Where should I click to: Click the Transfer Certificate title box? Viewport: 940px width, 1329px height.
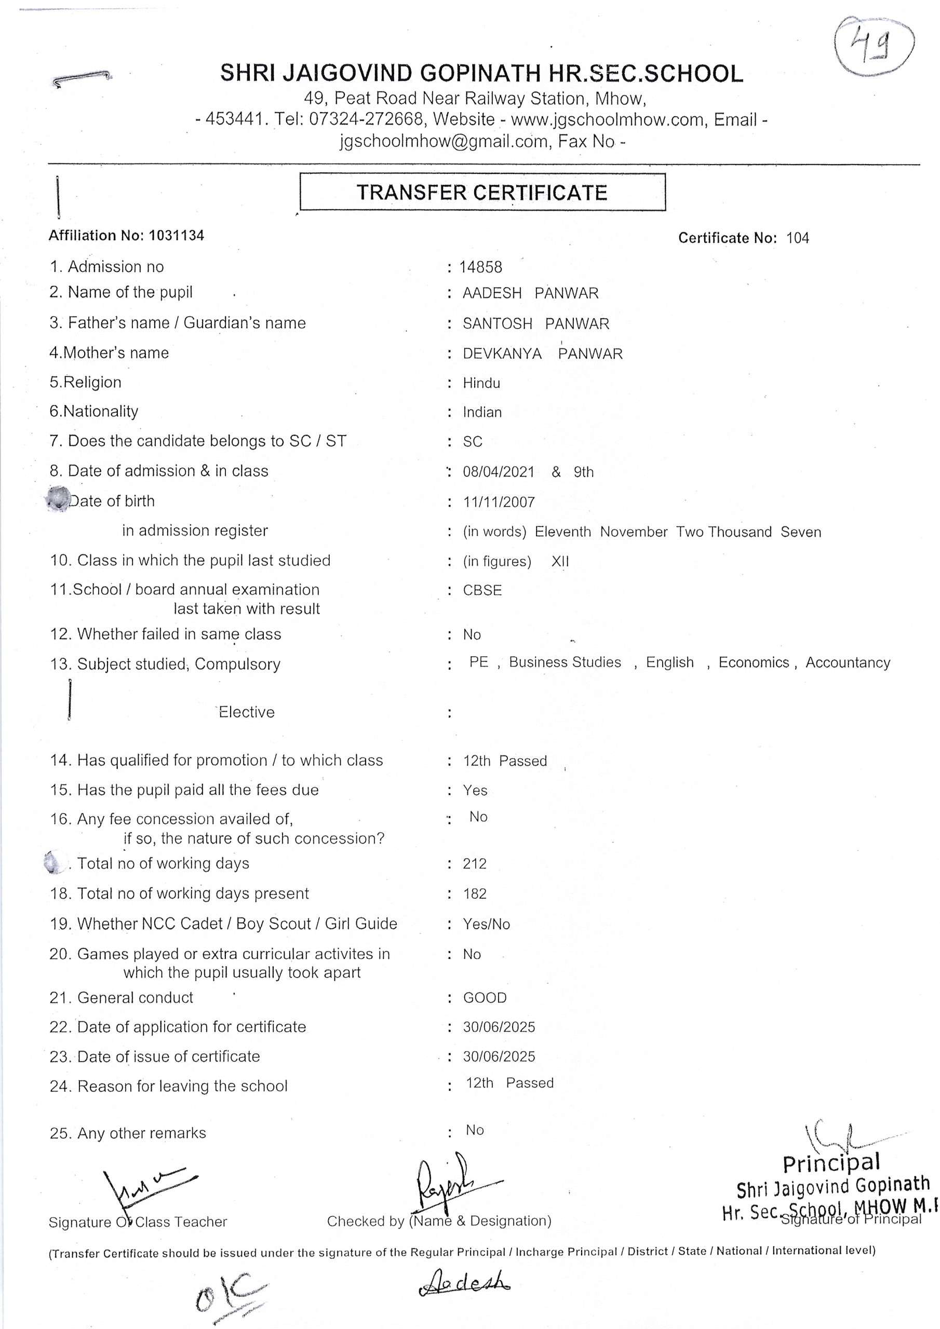482,192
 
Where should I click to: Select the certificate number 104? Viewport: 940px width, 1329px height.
797,238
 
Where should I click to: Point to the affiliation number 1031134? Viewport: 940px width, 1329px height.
176,236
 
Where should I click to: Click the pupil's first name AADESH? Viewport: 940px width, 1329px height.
492,293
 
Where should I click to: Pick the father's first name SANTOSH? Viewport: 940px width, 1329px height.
497,323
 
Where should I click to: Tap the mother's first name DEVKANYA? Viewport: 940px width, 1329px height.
502,354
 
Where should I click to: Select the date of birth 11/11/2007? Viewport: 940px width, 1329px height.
498,502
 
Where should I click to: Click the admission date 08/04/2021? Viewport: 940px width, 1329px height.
498,472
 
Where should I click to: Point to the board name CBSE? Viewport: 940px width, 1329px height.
482,590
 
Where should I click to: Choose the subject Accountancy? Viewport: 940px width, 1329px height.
848,662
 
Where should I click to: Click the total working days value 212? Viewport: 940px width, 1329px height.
474,864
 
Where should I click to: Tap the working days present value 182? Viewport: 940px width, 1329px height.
474,894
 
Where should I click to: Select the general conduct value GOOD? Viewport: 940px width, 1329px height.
484,997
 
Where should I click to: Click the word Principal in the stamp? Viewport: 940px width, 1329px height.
830,1162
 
